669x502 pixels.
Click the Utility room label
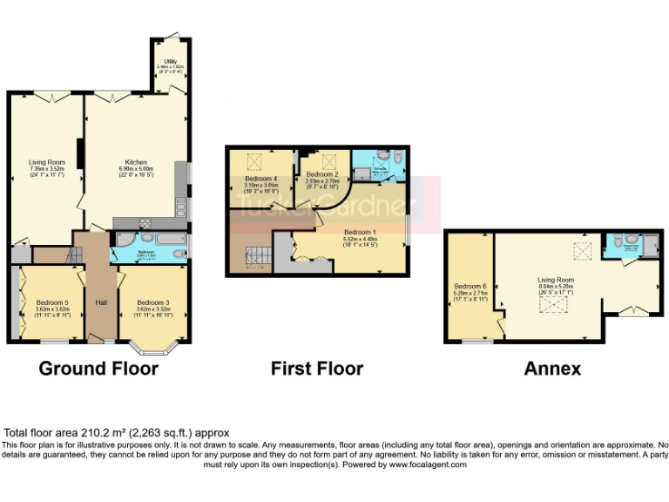click(160, 61)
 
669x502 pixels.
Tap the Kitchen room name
click(135, 162)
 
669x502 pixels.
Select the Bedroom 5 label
click(53, 302)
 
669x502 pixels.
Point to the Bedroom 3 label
click(152, 302)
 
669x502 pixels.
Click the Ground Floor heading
click(98, 369)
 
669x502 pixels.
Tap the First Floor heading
click(317, 369)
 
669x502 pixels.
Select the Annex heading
click(552, 369)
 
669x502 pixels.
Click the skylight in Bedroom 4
click(256, 160)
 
